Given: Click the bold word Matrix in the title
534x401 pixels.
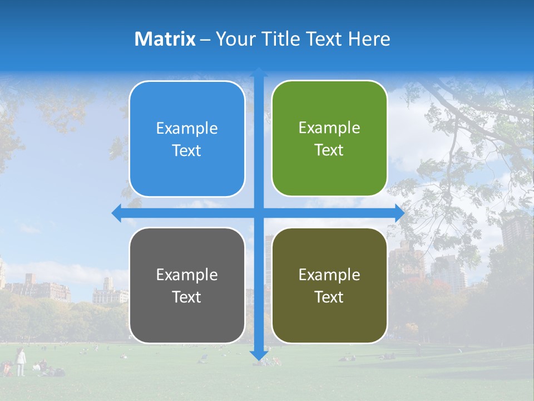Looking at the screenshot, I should click(x=165, y=39).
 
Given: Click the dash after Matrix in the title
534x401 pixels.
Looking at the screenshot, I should click(x=205, y=40).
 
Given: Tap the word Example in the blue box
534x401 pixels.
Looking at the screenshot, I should click(x=187, y=128).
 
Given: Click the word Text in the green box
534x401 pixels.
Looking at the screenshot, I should click(x=329, y=150).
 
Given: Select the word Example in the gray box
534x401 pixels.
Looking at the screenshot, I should click(x=187, y=275).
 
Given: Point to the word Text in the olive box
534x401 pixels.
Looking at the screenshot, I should click(x=329, y=297).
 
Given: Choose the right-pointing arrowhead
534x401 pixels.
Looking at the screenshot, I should click(x=399, y=213).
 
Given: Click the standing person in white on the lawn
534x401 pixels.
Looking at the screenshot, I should click(x=21, y=362).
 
